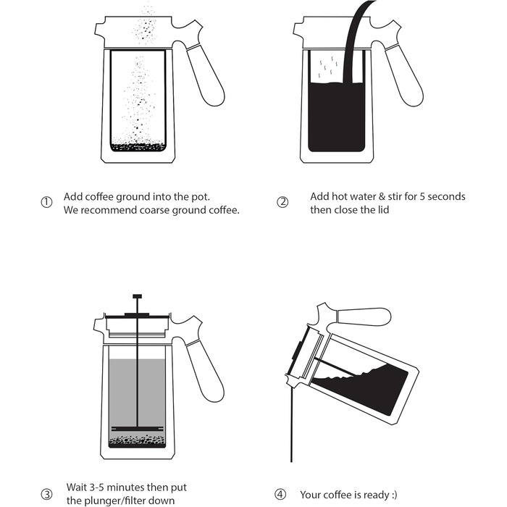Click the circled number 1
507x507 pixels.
coord(46,202)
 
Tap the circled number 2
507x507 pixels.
coord(282,202)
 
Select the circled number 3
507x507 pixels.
coord(46,494)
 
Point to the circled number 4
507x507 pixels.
coord(280,495)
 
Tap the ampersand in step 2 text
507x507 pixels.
coord(382,196)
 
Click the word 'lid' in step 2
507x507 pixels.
coord(382,210)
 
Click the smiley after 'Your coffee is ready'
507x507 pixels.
coord(394,495)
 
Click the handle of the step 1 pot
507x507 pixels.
coord(206,75)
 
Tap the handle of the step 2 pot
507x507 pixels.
coord(404,75)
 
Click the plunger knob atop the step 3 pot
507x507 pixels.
coord(138,296)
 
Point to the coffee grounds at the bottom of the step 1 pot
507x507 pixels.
coord(138,147)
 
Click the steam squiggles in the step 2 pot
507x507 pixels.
coord(328,67)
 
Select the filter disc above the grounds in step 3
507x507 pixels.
coord(138,429)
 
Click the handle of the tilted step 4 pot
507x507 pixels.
coord(364,316)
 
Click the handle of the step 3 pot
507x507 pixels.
coord(205,371)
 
